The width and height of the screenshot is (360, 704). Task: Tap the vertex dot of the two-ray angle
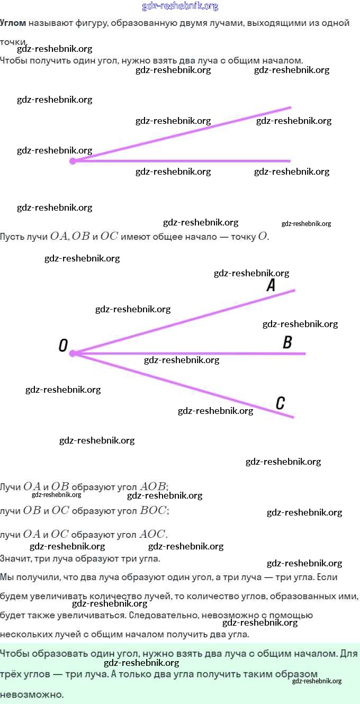click(x=73, y=161)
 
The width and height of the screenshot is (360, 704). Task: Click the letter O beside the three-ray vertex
click(x=63, y=346)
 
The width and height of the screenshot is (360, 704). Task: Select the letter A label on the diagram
click(x=271, y=285)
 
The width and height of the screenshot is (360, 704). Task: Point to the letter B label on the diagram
click(x=287, y=342)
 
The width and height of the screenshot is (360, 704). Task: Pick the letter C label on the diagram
click(x=281, y=403)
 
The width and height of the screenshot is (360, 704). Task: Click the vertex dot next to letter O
click(x=73, y=354)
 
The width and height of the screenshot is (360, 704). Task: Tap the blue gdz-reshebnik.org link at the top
click(x=180, y=6)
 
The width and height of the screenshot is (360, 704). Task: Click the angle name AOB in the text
click(x=152, y=486)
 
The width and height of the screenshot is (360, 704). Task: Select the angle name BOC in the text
click(x=153, y=510)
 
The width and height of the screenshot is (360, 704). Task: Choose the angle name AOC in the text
click(x=152, y=534)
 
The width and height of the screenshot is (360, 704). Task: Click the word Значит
click(x=16, y=558)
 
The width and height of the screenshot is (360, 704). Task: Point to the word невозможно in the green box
click(x=31, y=694)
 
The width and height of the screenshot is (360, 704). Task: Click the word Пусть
click(x=12, y=237)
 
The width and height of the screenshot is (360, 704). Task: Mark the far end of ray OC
click(x=293, y=418)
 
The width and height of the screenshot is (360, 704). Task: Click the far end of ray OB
click(x=305, y=354)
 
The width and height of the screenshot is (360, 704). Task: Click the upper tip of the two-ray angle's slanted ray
click(x=290, y=107)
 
